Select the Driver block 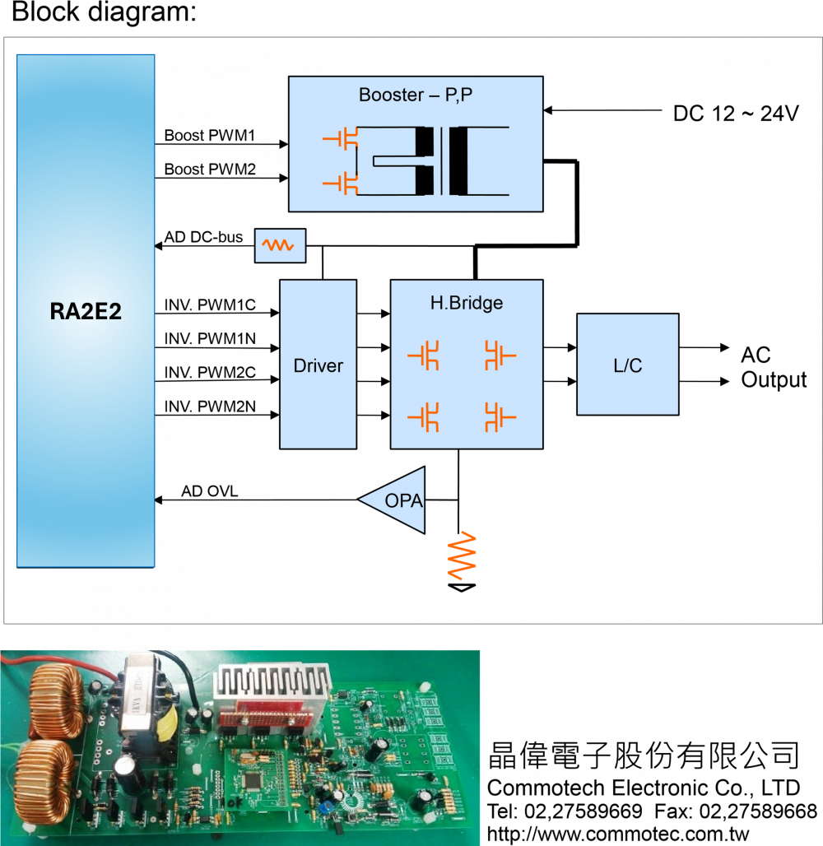tap(318, 365)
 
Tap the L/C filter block tap(627, 364)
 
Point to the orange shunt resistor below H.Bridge tap(461, 555)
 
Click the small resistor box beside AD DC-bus tap(280, 245)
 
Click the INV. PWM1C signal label tap(210, 306)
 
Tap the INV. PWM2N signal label tap(210, 406)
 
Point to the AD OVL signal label tap(207, 492)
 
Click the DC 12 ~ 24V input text tap(736, 114)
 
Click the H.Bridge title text tap(466, 303)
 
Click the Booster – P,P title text tap(416, 95)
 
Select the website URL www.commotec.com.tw tap(617, 834)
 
